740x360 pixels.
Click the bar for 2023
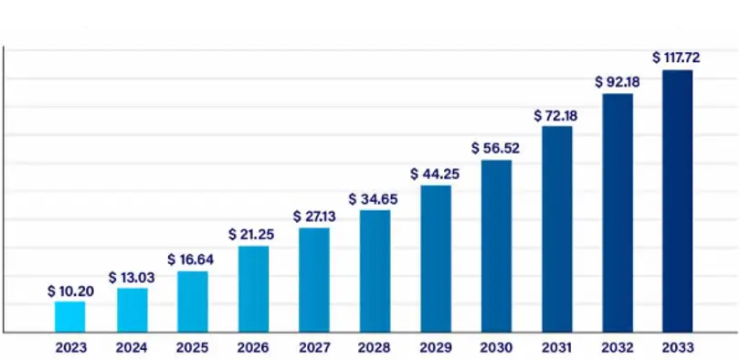pos(69,316)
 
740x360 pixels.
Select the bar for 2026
pos(253,289)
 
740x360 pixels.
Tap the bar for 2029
pos(436,259)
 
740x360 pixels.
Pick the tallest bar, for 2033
pos(677,201)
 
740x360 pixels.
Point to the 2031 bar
pos(557,228)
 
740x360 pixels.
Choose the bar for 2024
pos(132,310)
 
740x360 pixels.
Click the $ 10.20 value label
pos(70,291)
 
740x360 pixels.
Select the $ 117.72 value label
pos(676,58)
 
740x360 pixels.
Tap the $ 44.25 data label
pos(435,175)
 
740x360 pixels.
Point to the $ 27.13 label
pos(314,217)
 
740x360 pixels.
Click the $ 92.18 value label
pos(618,82)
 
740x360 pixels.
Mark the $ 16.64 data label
pos(191,260)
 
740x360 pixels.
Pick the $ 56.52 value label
pos(495,148)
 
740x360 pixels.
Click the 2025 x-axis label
pos(192,348)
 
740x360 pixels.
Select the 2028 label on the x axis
pos(375,348)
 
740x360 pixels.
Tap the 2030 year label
pos(496,348)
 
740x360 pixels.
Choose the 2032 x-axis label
pos(618,348)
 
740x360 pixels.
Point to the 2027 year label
pos(314,348)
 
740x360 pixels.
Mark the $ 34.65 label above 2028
pos(374,199)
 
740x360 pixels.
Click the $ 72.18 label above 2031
pos(556,116)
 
